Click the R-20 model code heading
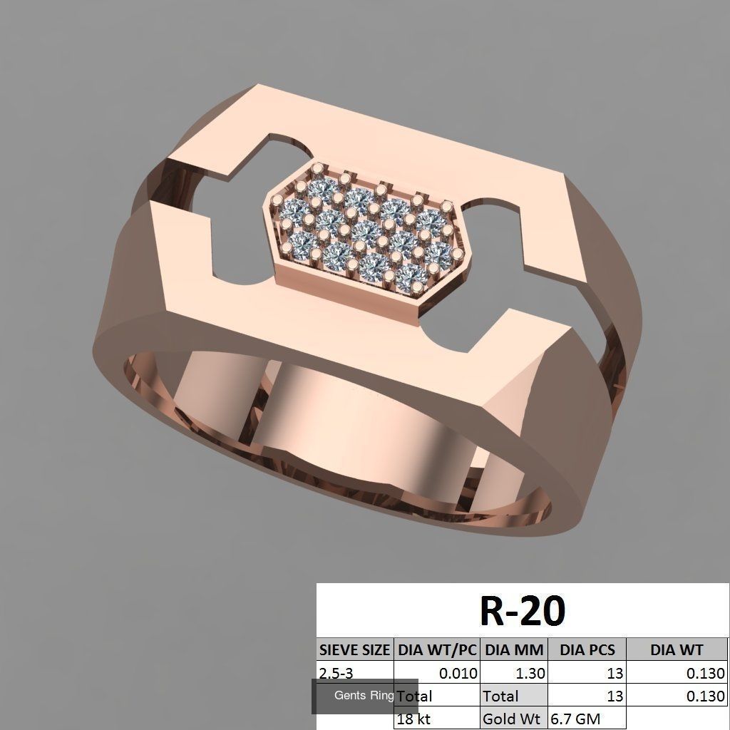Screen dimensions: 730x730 522,611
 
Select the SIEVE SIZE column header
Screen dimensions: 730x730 354,649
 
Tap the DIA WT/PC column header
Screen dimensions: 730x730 437,649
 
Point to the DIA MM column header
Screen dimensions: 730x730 515,649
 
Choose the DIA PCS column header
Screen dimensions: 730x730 587,649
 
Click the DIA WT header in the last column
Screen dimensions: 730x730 677,649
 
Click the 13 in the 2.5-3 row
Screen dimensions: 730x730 615,672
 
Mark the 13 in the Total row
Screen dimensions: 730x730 615,696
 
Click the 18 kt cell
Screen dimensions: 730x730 414,719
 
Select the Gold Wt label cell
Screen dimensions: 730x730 510,719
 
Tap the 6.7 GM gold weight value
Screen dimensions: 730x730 574,719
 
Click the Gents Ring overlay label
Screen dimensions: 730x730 364,696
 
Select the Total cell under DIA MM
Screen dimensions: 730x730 501,696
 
